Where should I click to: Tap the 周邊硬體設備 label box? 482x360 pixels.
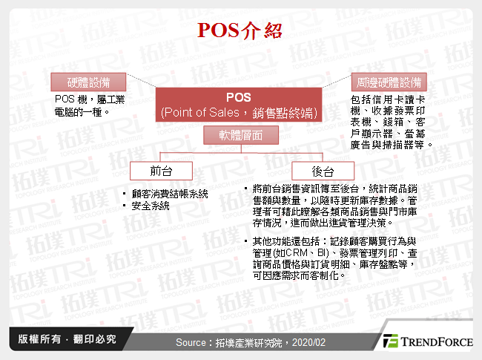pyautogui.click(x=389, y=81)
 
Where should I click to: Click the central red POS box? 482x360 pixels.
pyautogui.click(x=238, y=105)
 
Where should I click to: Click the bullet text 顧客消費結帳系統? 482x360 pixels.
pyautogui.click(x=170, y=194)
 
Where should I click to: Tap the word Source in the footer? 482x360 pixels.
pyautogui.click(x=192, y=342)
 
